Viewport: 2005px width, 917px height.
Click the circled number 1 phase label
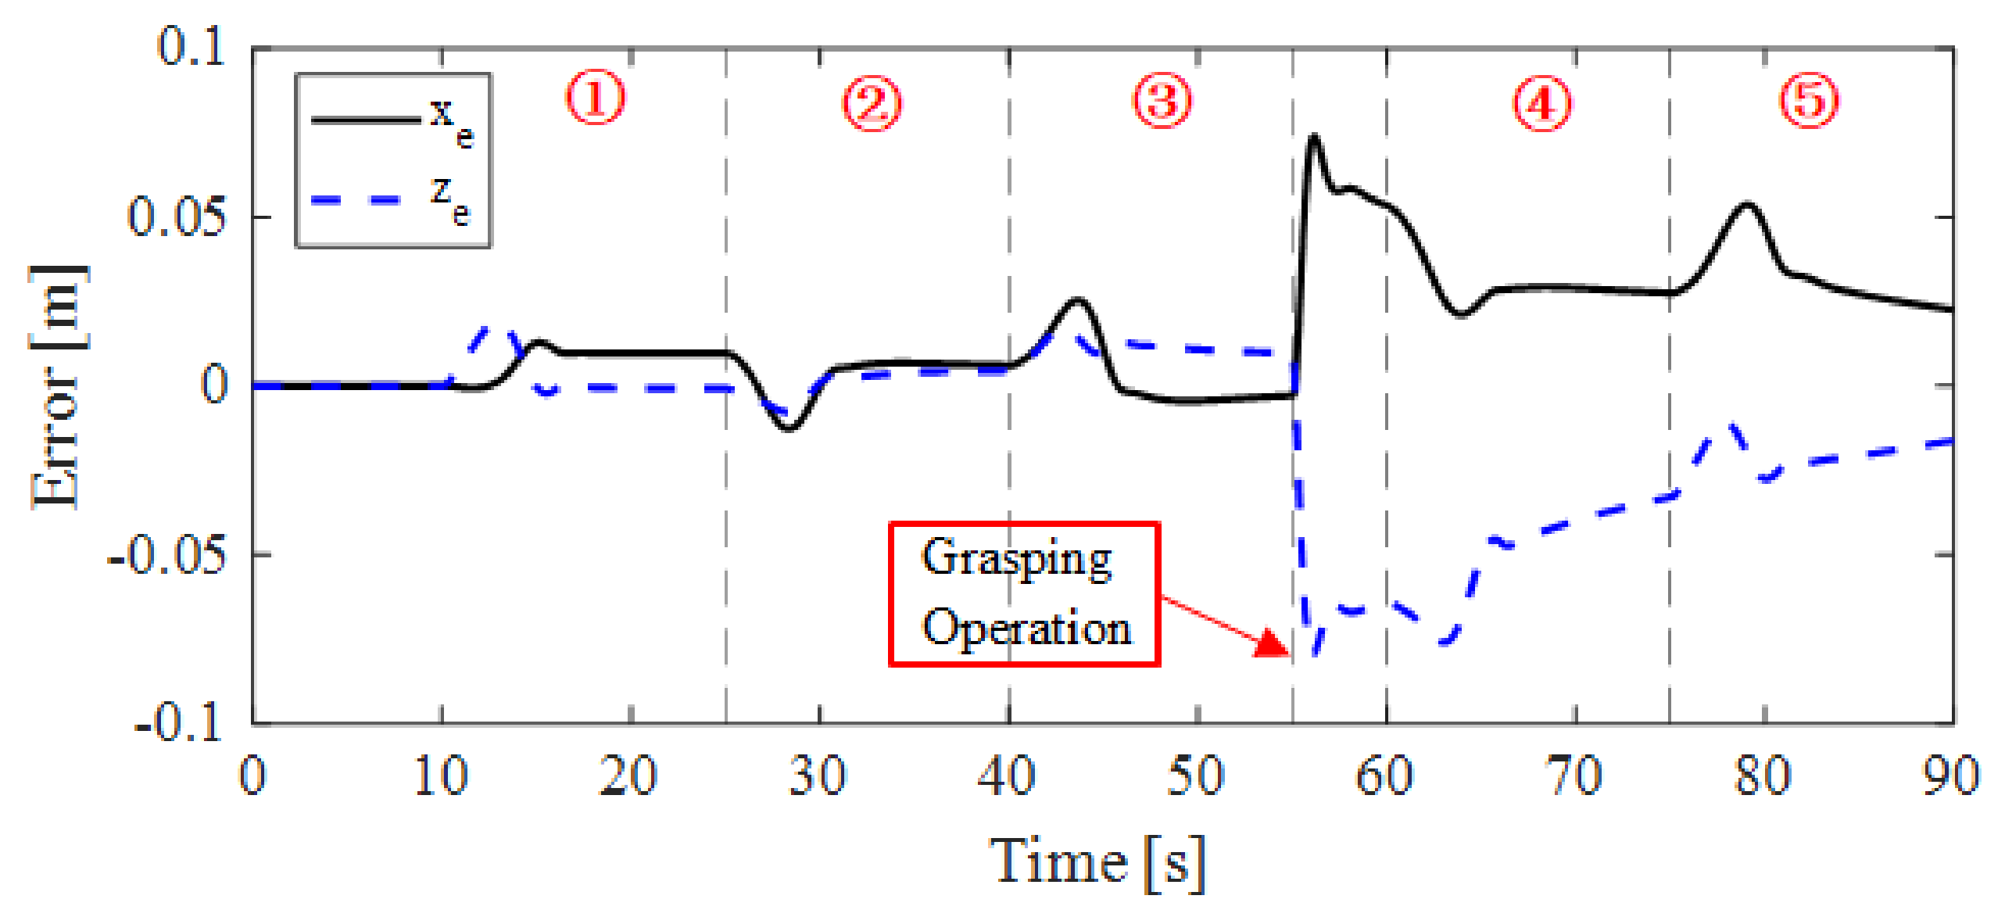(x=596, y=99)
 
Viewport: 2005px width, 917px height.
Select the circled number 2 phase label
(x=872, y=103)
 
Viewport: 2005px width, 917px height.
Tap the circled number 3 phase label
(x=1162, y=102)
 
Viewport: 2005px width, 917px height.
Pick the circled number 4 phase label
(x=1541, y=103)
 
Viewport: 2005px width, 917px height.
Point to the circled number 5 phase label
(x=1810, y=100)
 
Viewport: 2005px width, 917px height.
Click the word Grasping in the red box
(x=1016, y=558)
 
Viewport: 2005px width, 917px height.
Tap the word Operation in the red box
(x=1026, y=628)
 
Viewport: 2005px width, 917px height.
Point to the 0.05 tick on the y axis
(x=177, y=217)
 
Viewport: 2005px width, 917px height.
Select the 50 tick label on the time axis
(x=1196, y=776)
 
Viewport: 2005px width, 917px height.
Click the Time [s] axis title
(x=1097, y=862)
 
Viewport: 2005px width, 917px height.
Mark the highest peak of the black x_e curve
(x=1314, y=138)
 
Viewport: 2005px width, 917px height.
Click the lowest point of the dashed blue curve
(x=1315, y=654)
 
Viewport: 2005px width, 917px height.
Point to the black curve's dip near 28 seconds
(x=789, y=428)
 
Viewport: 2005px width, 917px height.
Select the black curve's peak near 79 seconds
(x=1748, y=205)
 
